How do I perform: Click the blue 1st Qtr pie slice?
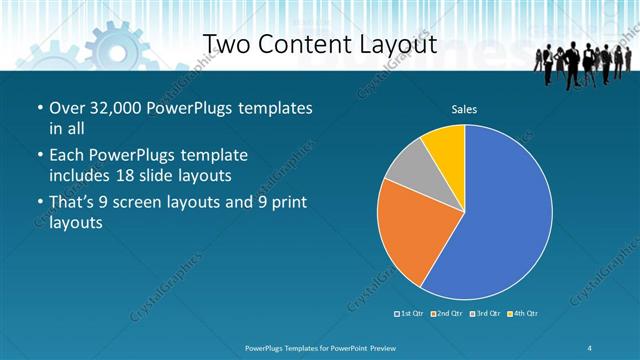pos(500,215)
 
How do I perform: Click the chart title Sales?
pos(464,107)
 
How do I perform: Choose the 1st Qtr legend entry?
pos(411,314)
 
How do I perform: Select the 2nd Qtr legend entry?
pos(447,314)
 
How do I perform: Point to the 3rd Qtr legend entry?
pos(485,314)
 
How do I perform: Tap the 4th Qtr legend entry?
pos(522,314)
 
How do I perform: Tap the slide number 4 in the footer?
pos(590,346)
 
